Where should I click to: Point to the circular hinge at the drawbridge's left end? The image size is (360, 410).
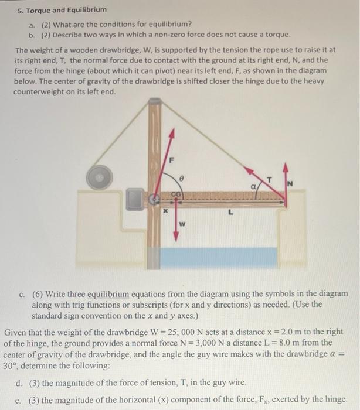pyautogui.click(x=157, y=199)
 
